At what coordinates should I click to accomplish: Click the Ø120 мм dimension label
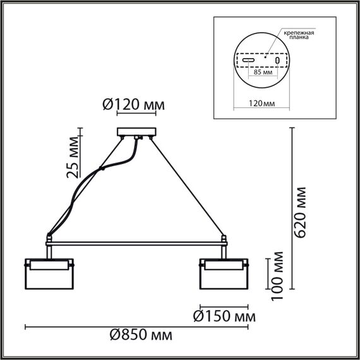coord(133,105)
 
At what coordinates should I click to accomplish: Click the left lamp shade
coord(49,274)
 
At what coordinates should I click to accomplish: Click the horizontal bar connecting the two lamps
coord(136,243)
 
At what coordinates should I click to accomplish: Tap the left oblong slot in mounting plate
coord(249,61)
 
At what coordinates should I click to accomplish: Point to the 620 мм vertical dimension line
coord(291,209)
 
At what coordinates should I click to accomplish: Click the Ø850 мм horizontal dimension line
coord(136,327)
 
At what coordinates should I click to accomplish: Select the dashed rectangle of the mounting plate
coord(261,53)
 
